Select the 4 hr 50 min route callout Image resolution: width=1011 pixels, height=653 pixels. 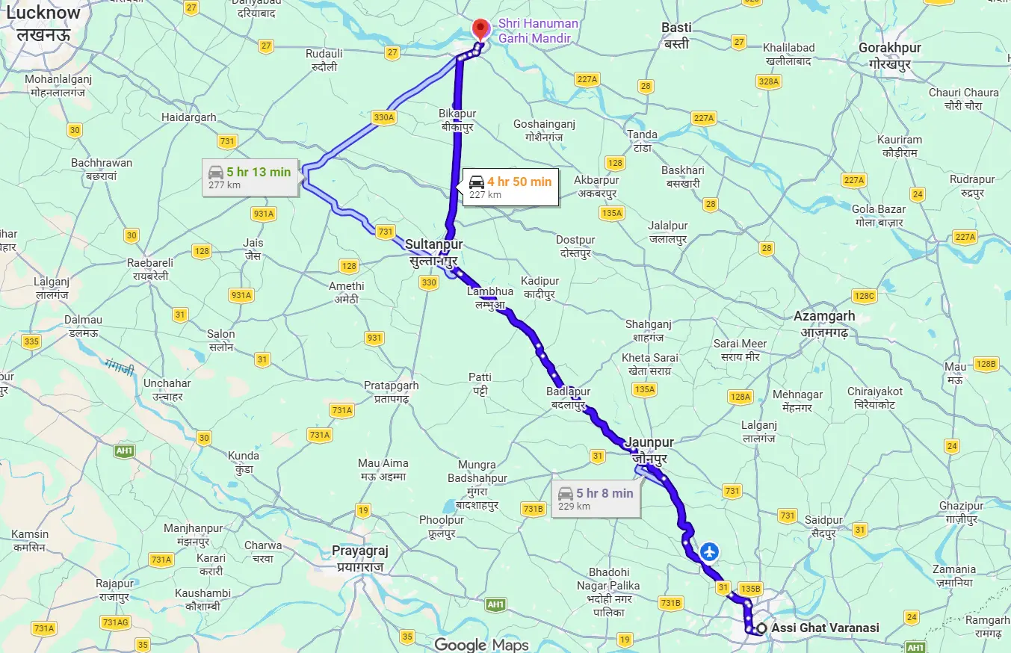(x=510, y=187)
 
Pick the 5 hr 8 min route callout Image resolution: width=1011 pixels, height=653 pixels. (x=596, y=498)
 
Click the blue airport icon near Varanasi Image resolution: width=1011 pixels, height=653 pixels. (x=709, y=553)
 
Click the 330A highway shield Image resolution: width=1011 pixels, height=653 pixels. (x=383, y=117)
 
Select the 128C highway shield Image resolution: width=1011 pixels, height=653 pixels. (x=864, y=296)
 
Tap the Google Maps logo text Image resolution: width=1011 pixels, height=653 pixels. (x=481, y=645)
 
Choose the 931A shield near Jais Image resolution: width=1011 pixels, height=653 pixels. (x=263, y=214)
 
